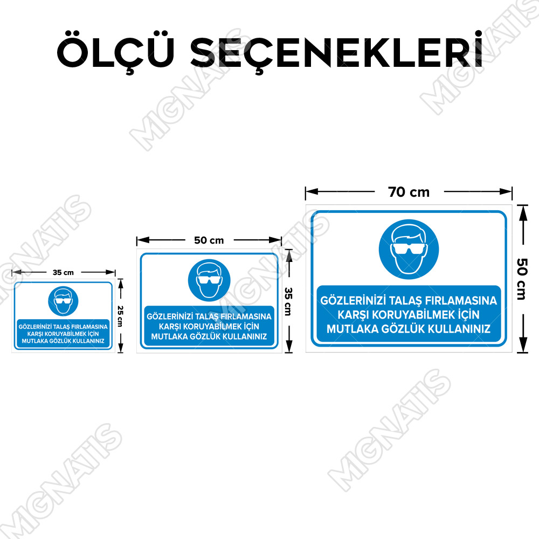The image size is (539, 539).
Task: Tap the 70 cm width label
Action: tap(409, 192)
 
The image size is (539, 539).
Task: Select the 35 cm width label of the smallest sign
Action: tap(63, 273)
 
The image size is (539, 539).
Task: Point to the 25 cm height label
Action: tap(120, 316)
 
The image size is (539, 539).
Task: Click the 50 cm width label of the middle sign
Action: tap(209, 240)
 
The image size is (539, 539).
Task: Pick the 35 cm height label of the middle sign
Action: tap(288, 301)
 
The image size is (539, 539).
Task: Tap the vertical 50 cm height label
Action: tap(522, 279)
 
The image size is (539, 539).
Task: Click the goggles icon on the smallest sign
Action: tap(63, 301)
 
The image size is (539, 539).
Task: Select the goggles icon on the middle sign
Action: tap(209, 280)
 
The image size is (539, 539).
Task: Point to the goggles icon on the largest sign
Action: tap(409, 249)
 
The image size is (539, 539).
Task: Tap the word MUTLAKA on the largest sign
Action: tap(353, 329)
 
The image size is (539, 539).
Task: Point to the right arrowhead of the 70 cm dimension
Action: tap(506, 191)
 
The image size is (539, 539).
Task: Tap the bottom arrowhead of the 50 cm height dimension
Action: tap(523, 344)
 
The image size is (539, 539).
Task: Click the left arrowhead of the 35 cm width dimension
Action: tap(17, 272)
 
